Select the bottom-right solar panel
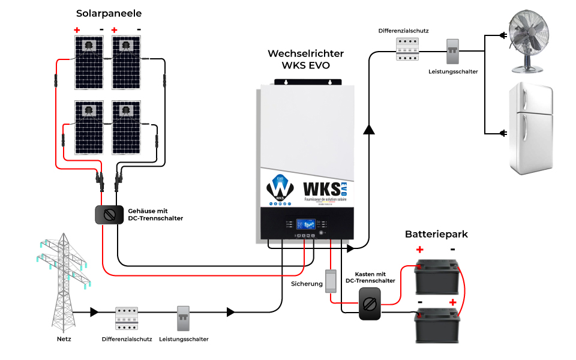[x=127, y=127]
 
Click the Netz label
[x=64, y=339]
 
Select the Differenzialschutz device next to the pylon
[x=127, y=319]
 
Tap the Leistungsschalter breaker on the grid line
[x=184, y=319]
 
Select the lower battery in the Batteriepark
[x=437, y=324]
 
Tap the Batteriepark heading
[x=436, y=234]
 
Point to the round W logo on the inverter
[x=280, y=188]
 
